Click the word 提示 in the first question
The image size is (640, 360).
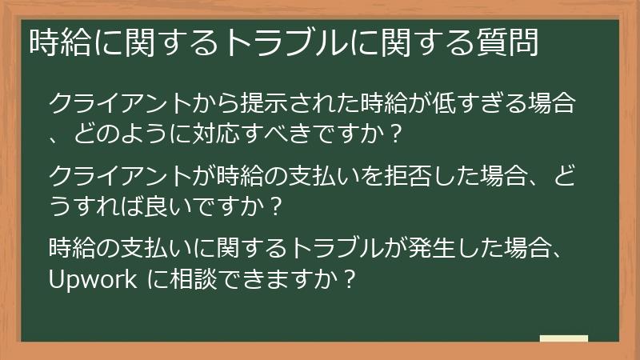point(258,104)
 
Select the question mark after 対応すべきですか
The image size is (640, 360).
point(392,133)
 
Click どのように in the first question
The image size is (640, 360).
point(126,133)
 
